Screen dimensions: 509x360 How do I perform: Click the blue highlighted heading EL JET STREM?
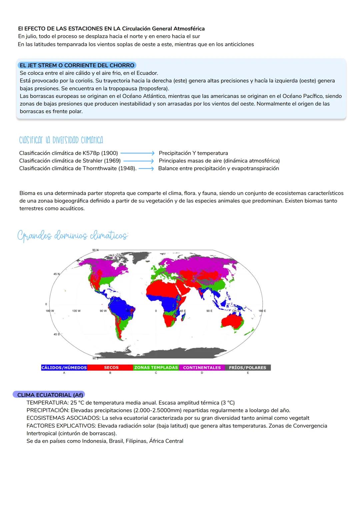point(77,65)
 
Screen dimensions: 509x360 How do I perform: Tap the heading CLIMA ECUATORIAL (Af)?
point(50,395)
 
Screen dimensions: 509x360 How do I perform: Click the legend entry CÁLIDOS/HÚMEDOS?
point(64,367)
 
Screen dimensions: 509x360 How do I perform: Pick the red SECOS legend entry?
point(111,367)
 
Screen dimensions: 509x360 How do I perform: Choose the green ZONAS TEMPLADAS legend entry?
point(156,367)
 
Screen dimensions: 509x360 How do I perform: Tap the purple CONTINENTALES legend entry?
point(202,367)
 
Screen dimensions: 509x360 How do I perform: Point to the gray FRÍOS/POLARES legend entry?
point(247,367)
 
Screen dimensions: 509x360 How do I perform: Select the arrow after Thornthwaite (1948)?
point(146,169)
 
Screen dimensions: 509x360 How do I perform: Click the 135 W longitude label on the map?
point(76,311)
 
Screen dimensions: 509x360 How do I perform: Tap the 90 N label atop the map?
point(95,250)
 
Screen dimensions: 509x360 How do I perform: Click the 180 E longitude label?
point(262,311)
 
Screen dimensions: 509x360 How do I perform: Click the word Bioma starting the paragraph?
point(27,193)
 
